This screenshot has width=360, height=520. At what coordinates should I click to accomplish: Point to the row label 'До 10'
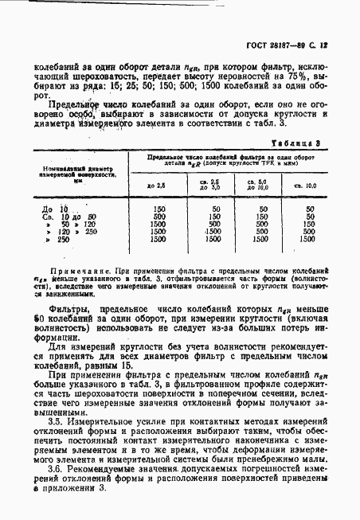click(x=49, y=209)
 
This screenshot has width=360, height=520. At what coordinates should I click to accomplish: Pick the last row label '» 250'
click(x=49, y=239)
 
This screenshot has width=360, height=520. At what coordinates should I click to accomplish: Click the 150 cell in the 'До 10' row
click(x=158, y=209)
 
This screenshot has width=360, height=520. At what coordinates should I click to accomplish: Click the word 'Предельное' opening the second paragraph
click(x=72, y=104)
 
